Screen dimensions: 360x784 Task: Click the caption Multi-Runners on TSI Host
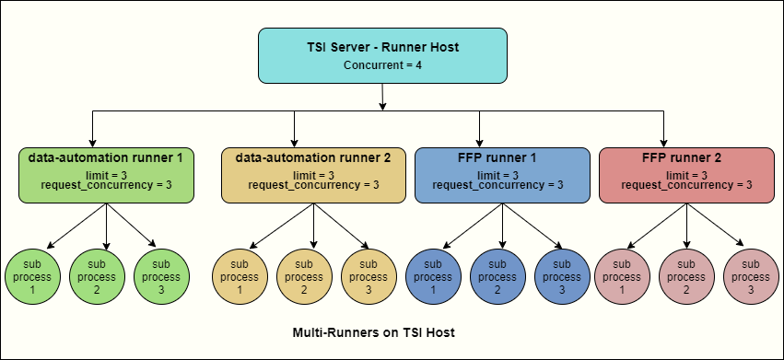[x=373, y=331]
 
